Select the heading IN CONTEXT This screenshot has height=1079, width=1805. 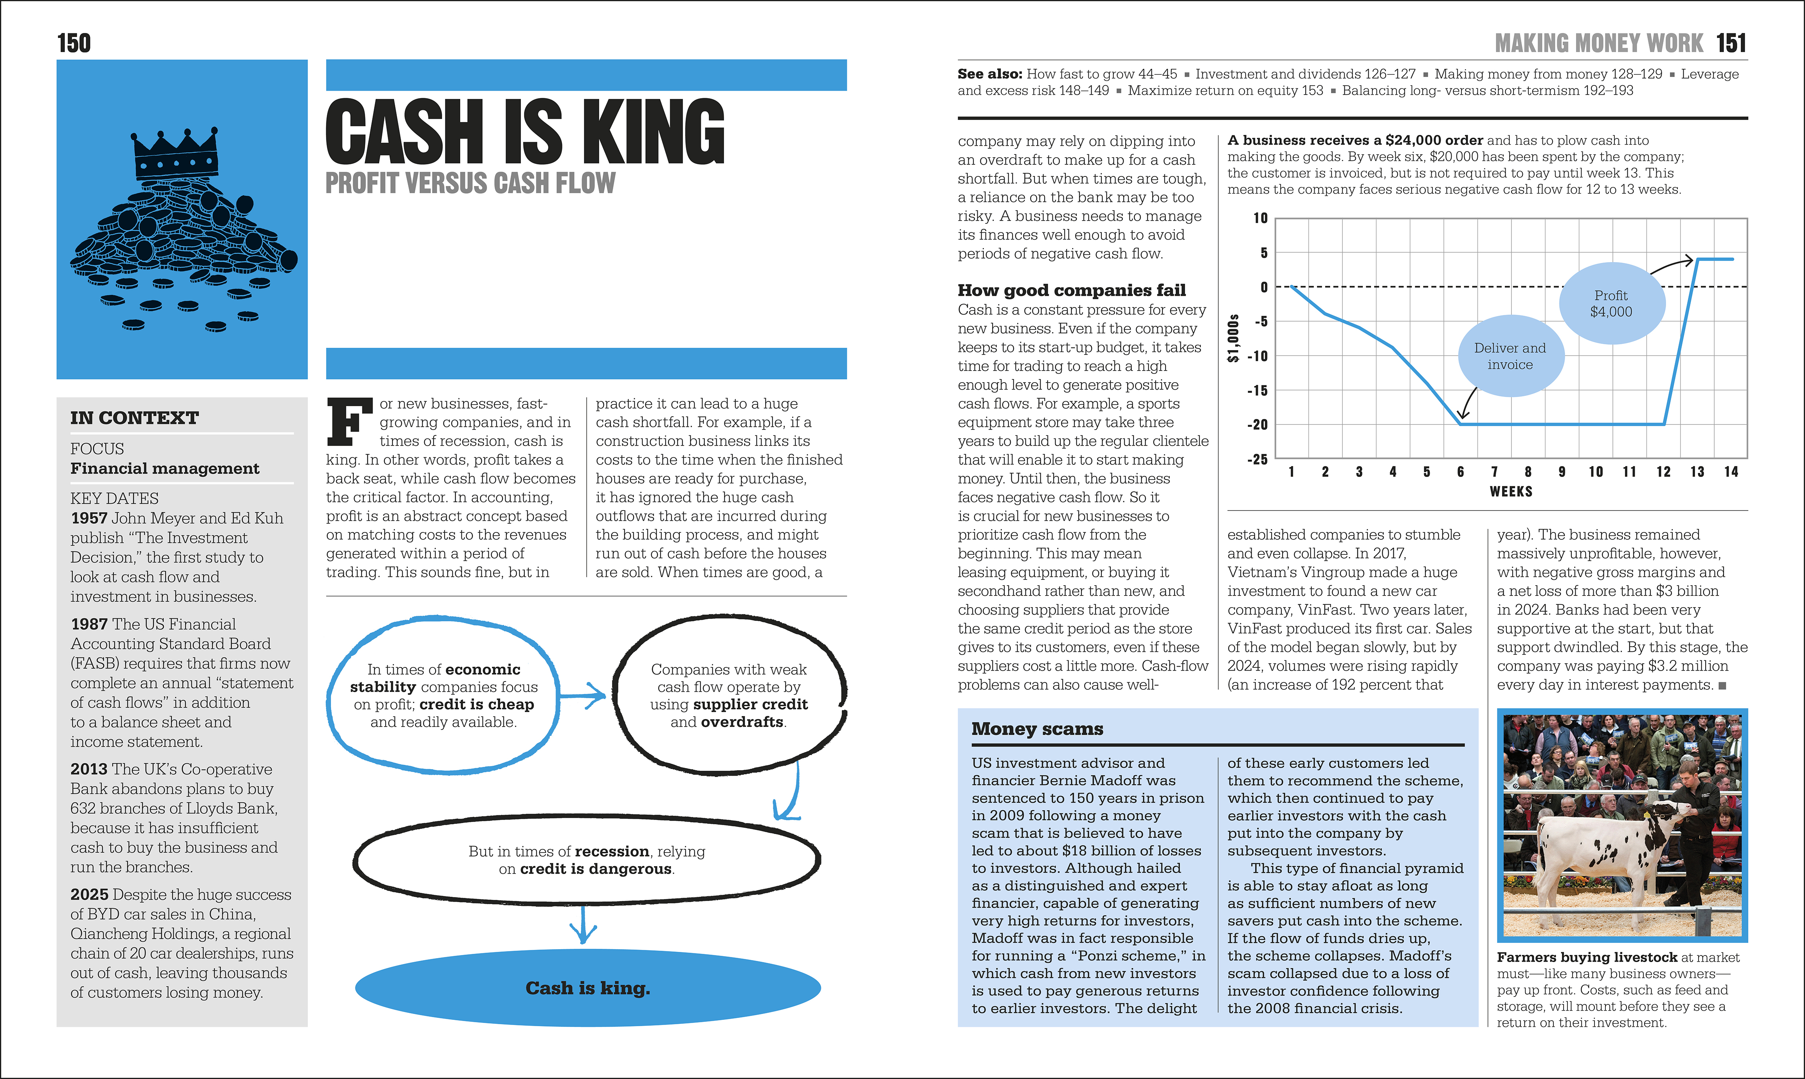[135, 418]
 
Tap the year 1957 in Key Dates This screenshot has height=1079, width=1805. [89, 518]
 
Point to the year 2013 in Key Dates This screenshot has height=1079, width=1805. [89, 769]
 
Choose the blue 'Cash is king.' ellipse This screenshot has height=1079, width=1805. [587, 987]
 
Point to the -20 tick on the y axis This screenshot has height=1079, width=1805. [1257, 424]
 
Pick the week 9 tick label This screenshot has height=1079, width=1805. [1562, 472]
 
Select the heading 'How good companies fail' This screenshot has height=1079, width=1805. [1071, 291]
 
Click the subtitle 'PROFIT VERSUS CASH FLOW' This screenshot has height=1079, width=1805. [470, 183]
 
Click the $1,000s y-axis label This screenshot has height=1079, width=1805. [1233, 338]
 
